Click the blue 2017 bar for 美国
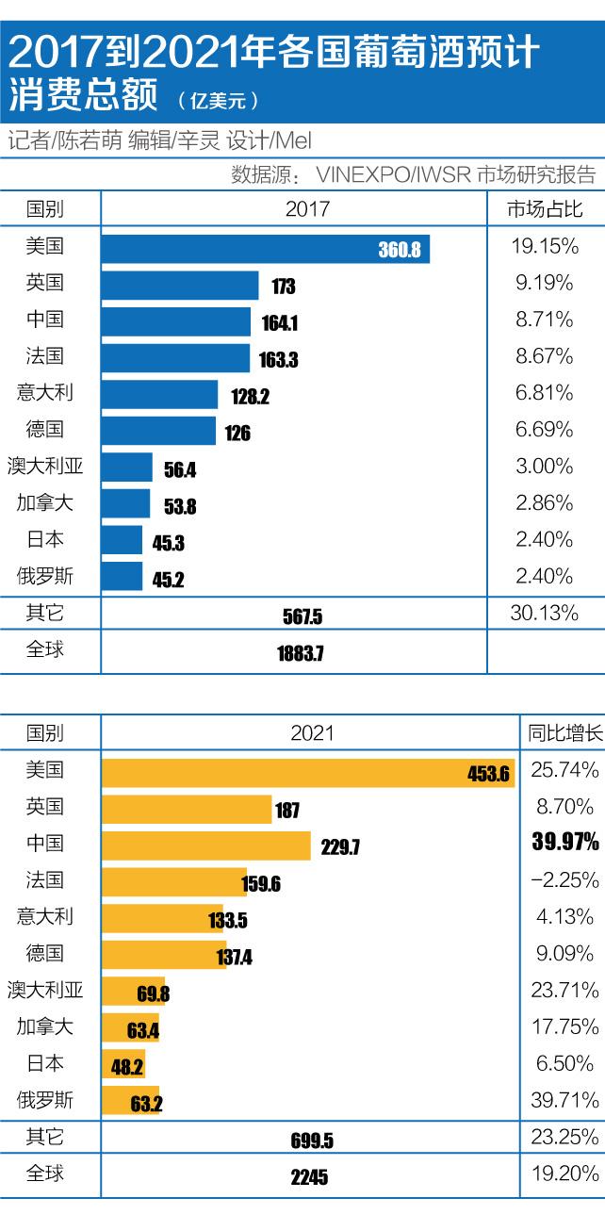(264, 250)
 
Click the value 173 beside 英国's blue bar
(283, 287)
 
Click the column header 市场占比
(545, 209)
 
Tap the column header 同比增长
(562, 732)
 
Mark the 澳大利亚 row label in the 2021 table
(45, 990)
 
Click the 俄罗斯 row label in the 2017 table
(45, 575)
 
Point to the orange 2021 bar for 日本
(123, 1063)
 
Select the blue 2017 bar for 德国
(158, 431)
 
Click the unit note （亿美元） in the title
(218, 97)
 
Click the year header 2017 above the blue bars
(307, 209)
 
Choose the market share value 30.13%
(544, 614)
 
